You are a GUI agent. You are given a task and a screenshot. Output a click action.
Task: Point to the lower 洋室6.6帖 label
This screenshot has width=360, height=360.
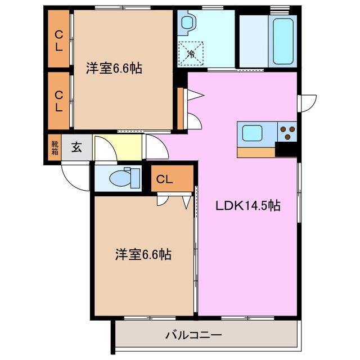click(144, 254)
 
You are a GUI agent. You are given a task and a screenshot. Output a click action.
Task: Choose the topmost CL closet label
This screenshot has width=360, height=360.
click(58, 39)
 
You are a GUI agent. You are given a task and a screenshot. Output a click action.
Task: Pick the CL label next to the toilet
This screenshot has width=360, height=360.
click(164, 180)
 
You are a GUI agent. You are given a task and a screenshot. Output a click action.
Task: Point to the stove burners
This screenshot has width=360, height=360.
click(287, 133)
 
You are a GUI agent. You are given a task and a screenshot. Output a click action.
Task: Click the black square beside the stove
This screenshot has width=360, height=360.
click(286, 150)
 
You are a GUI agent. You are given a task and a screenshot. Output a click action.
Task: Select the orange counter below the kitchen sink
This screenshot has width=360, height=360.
click(256, 152)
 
